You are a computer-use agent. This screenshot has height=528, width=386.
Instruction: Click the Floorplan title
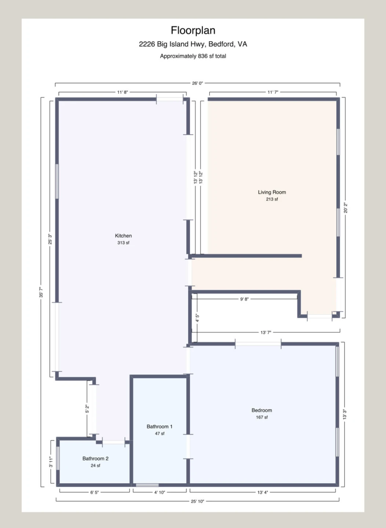point(193,30)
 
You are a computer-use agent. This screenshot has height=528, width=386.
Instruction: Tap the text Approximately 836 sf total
point(193,56)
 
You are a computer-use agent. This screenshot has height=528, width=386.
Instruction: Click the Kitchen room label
point(123,236)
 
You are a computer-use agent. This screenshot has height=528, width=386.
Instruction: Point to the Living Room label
point(272,192)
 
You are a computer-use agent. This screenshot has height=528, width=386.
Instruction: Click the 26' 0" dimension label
point(197,83)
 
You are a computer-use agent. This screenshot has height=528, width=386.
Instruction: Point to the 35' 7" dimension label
point(41,292)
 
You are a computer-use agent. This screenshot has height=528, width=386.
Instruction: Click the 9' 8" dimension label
point(244,299)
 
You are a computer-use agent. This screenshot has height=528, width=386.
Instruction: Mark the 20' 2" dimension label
point(346,208)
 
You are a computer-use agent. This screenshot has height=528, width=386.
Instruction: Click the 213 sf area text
point(272,199)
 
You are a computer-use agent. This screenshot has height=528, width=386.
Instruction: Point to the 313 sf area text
point(123,243)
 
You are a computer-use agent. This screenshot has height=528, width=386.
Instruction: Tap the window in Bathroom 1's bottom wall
point(147,485)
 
